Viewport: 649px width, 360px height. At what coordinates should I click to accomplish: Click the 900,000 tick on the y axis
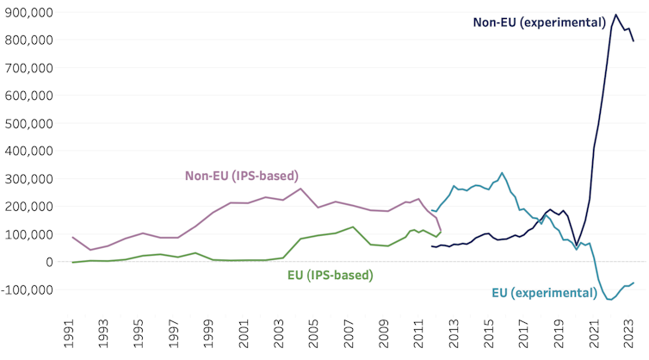28,12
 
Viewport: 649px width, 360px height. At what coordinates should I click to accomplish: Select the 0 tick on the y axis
51,262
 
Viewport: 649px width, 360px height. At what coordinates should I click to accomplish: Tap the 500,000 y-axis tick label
28,123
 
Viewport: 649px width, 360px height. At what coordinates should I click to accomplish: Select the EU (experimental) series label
544,293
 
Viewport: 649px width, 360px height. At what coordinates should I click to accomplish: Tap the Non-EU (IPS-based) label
242,176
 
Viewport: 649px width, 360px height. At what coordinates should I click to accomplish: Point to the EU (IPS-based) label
330,276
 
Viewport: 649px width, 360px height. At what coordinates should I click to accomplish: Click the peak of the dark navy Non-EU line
615,14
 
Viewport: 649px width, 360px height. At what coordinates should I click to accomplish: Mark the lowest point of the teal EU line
610,300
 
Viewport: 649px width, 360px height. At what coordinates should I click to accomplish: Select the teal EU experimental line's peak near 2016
503,172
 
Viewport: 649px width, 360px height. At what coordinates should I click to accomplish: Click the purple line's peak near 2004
300,189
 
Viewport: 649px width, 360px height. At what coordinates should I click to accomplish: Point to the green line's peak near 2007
353,227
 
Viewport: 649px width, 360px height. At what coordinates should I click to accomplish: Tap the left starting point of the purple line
73,237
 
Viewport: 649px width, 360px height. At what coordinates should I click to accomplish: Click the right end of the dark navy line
634,41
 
